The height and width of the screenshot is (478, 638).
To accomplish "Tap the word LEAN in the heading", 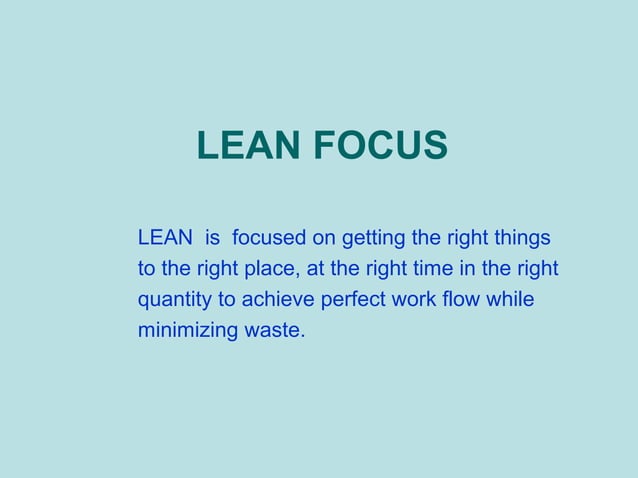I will point(248,146).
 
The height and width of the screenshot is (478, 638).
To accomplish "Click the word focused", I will point(272,239).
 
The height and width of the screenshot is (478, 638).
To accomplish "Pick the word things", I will point(520,239).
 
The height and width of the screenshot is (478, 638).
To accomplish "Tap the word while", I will point(511,299).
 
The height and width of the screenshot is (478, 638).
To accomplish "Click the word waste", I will point(272,329).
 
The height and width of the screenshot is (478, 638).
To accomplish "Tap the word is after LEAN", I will point(211,239).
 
